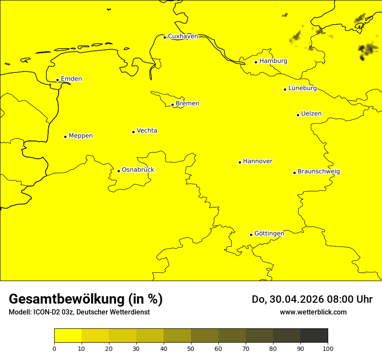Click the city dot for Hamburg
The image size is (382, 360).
[256, 62]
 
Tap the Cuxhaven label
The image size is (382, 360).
[183, 36]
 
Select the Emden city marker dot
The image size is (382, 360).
[57, 80]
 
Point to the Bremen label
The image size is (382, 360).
[188, 104]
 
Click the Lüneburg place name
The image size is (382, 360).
[303, 88]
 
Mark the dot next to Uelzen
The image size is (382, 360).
[298, 115]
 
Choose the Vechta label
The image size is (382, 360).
[147, 131]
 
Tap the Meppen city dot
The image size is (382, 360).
[65, 137]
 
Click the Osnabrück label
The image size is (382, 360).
[138, 170]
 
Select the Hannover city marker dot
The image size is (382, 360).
[240, 162]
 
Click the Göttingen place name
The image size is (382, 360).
[269, 234]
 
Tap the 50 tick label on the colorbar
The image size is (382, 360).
[191, 348]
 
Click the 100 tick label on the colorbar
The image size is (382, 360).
[328, 348]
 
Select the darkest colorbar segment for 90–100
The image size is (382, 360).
[314, 336]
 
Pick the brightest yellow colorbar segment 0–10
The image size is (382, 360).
[68, 336]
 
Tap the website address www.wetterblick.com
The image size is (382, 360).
[313, 312]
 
